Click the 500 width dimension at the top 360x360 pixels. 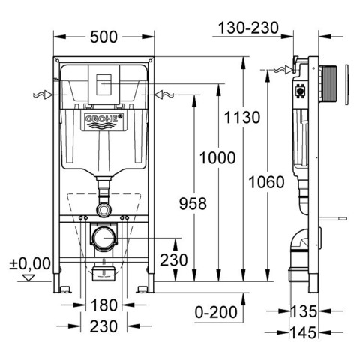tap(103, 37)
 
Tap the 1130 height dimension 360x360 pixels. tap(242, 117)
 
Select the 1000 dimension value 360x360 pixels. tap(217, 158)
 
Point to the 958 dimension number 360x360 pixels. tap(193, 203)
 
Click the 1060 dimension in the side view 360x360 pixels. tap(266, 182)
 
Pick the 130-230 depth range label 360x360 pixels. tap(248, 28)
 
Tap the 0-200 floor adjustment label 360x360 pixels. tap(216, 312)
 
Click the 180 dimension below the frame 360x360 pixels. tap(104, 305)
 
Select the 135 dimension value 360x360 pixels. tap(304, 311)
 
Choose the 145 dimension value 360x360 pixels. tap(304, 332)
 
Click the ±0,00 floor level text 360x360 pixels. tap(30, 263)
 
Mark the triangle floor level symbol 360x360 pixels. tap(28, 277)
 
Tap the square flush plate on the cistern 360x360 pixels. tap(103, 85)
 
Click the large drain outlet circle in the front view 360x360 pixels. tap(104, 238)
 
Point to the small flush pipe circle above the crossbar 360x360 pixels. tap(104, 210)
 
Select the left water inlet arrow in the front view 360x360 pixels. tap(43, 94)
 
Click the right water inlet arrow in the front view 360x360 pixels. tap(164, 94)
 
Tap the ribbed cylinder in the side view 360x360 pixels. tap(328, 85)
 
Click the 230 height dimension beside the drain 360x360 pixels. tap(174, 259)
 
